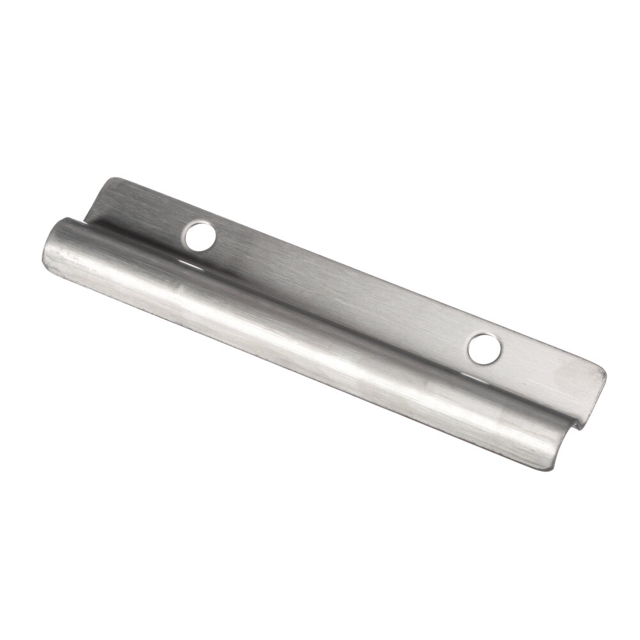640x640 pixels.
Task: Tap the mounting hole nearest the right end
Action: point(484,349)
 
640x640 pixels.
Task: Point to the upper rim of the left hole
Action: point(201,223)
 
